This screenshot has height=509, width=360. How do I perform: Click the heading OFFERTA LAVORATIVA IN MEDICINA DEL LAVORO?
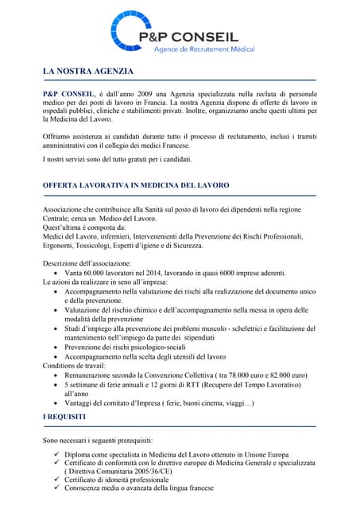(136, 185)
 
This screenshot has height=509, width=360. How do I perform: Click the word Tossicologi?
(104, 246)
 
